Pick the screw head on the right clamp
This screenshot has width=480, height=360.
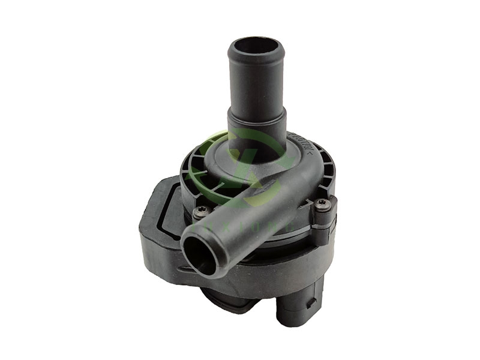coord(322,203)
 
